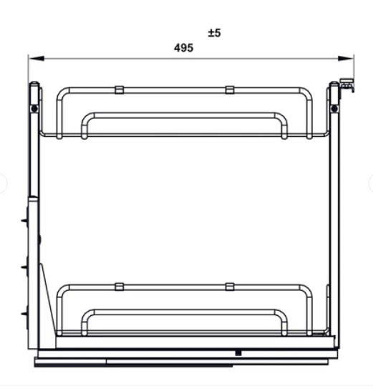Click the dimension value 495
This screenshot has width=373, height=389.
(184, 48)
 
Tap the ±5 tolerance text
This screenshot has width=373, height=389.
(215, 33)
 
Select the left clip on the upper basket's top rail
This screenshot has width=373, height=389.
(119, 90)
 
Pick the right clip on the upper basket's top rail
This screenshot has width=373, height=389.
(229, 90)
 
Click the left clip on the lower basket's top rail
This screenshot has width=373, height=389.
(119, 287)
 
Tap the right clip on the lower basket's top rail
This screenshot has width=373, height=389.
(229, 287)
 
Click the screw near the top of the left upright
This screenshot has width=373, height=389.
(33, 107)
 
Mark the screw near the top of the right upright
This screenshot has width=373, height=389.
(334, 107)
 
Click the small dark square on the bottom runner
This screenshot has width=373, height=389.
(237, 352)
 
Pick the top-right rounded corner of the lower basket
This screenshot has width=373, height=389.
(307, 290)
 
